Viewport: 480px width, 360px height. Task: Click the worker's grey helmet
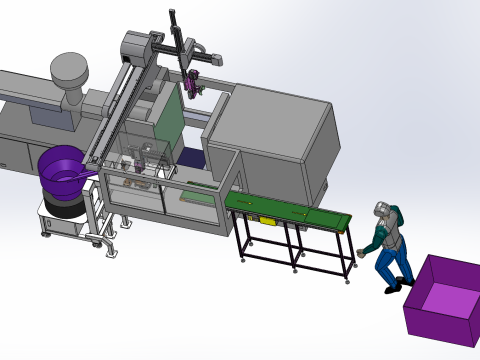click(x=381, y=209)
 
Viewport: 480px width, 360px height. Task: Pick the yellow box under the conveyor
click(x=269, y=220)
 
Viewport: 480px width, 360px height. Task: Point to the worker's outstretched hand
click(x=361, y=253)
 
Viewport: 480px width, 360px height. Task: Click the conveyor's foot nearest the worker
click(x=347, y=279)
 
